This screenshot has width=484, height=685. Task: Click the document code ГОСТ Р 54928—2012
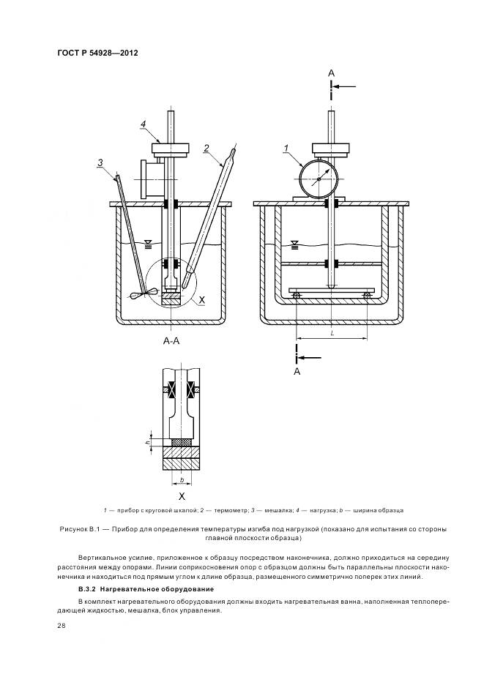point(97,54)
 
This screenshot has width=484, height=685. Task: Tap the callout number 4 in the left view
point(144,124)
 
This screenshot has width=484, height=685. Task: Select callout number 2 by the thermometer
point(206,148)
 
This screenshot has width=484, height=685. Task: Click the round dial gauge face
point(317,176)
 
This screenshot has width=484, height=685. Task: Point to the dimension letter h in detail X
point(149,442)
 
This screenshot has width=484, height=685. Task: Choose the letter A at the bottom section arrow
point(297,371)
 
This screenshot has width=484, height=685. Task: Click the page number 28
point(61,626)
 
